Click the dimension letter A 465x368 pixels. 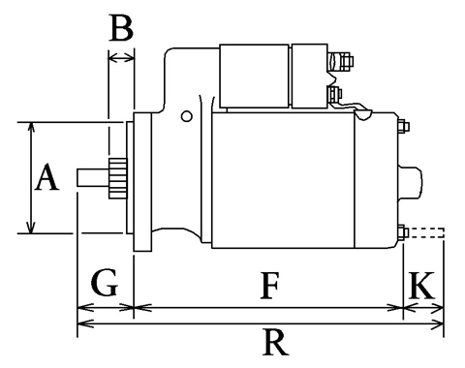click(x=46, y=177)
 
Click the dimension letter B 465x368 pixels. click(x=121, y=28)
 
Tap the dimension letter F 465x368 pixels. click(x=269, y=286)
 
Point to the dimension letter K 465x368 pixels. click(x=421, y=286)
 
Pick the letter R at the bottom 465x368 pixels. click(x=275, y=342)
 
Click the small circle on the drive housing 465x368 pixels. click(x=186, y=116)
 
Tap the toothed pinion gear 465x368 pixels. click(x=118, y=178)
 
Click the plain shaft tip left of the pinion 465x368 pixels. click(x=93, y=178)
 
